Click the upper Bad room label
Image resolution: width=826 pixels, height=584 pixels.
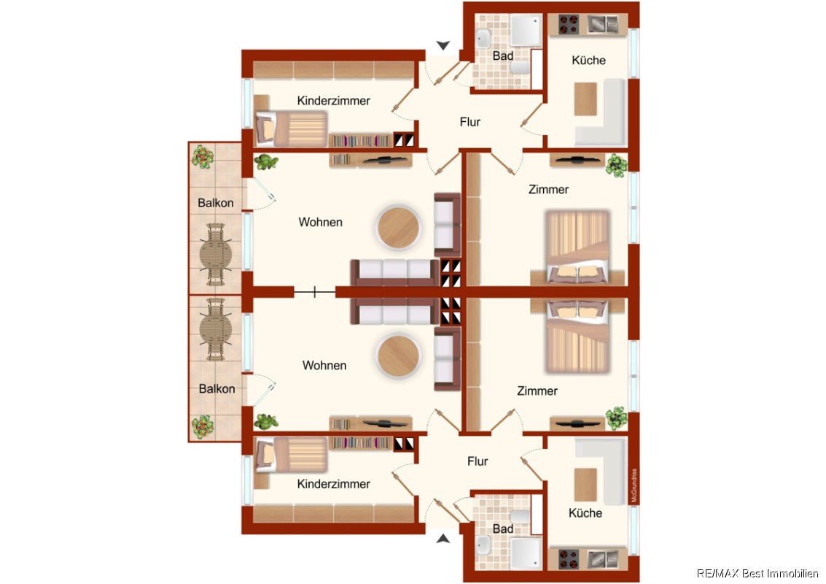503,55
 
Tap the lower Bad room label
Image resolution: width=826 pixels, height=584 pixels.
503,529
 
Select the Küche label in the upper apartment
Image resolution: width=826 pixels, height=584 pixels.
588,60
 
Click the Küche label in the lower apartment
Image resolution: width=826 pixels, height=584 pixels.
585,512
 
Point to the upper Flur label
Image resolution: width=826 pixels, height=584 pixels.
470,122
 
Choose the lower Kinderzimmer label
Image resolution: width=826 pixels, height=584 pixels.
333,484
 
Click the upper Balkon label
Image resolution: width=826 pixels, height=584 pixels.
216,203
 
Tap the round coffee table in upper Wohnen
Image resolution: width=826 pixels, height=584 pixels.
398,228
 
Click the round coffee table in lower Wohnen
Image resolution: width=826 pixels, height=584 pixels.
398,356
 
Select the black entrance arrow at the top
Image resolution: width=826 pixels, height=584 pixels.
443,45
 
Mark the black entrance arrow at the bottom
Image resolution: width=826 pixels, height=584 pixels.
443,539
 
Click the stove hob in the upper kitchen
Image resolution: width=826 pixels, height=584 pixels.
569,24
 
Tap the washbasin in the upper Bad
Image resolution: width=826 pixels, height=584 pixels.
483,38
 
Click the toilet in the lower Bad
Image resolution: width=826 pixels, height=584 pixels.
520,516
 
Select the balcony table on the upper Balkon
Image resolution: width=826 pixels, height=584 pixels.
216,254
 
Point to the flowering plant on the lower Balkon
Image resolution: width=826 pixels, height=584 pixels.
202,427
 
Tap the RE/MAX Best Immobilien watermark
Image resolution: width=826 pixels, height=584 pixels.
757,574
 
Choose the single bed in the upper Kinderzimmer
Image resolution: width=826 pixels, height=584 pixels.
291,128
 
